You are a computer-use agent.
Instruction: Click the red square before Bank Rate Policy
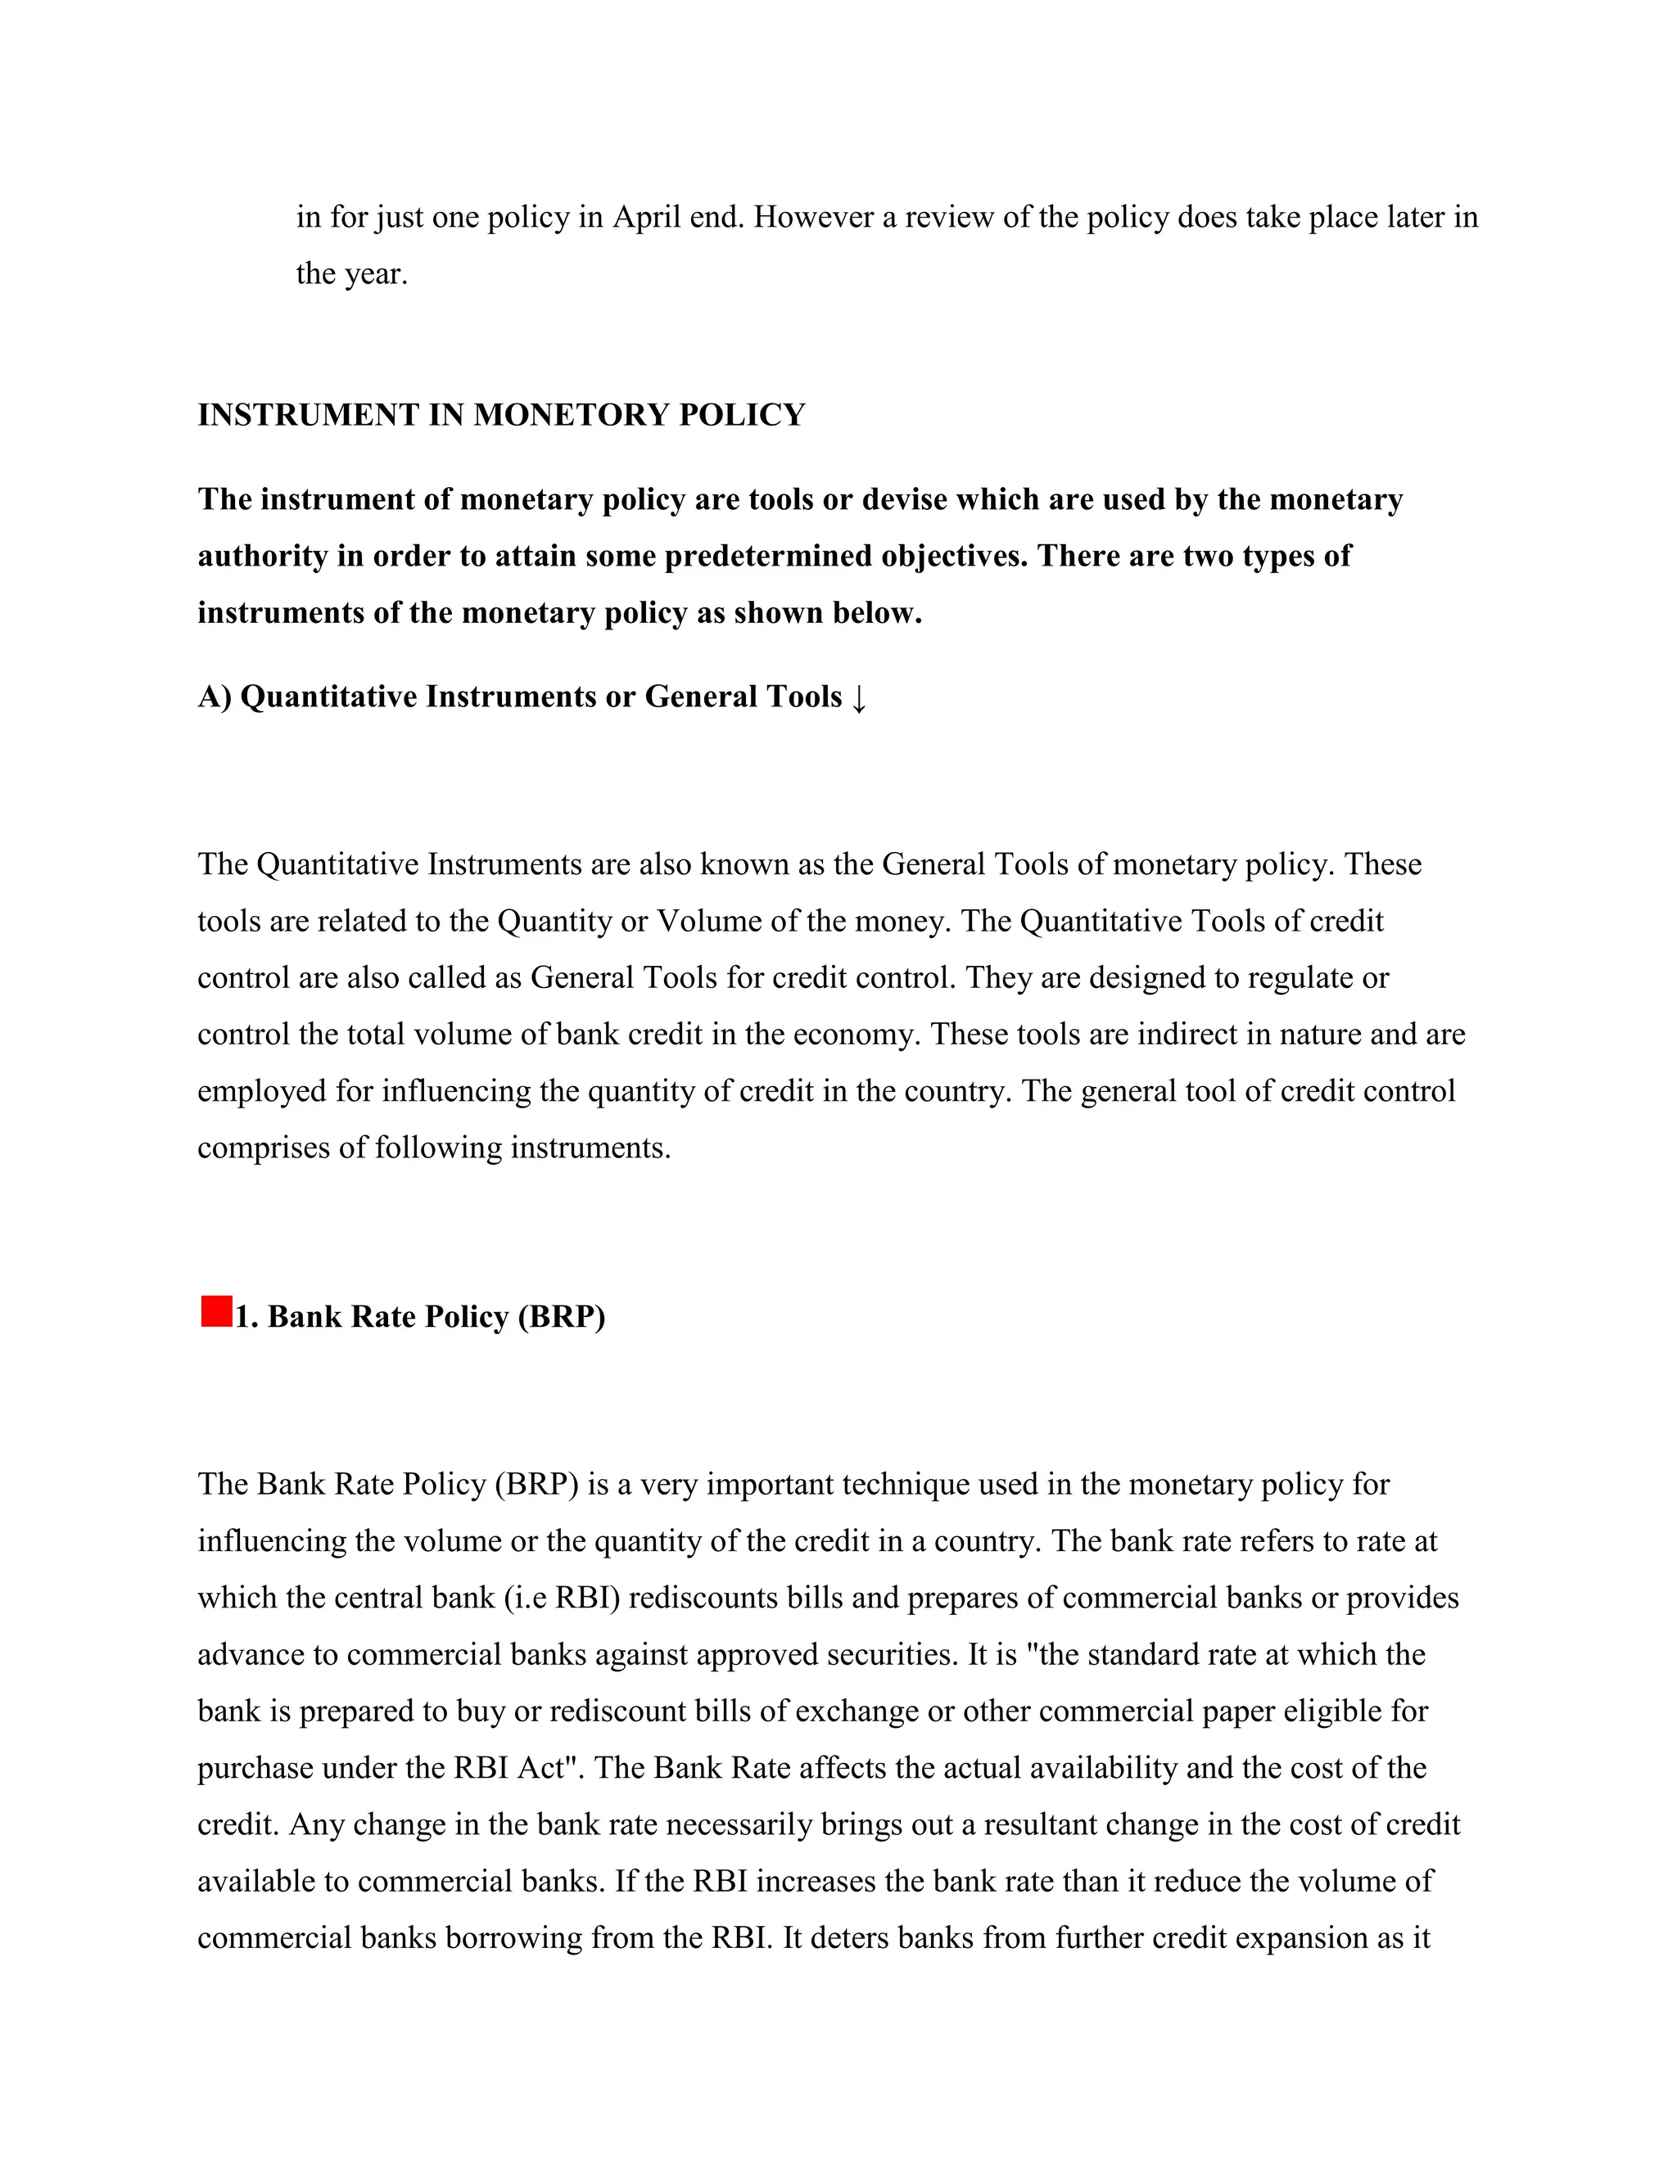pos(215,1311)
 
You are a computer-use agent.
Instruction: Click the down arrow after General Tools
pos(859,698)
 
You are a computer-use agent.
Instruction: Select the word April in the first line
pos(646,217)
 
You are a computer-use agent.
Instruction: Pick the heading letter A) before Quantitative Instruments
pos(215,697)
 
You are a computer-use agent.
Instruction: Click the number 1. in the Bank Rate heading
pos(246,1316)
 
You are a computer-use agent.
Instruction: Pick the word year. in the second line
pos(377,274)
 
